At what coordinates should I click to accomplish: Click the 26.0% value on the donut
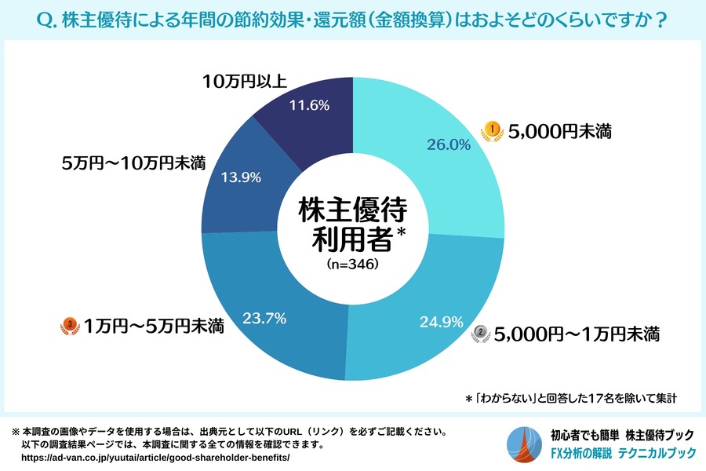448,144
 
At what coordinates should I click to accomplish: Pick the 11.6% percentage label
307,104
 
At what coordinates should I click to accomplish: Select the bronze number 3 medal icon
69,324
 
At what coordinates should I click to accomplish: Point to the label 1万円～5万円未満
154,324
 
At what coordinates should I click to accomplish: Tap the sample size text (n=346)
352,265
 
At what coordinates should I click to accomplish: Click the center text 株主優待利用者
352,224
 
